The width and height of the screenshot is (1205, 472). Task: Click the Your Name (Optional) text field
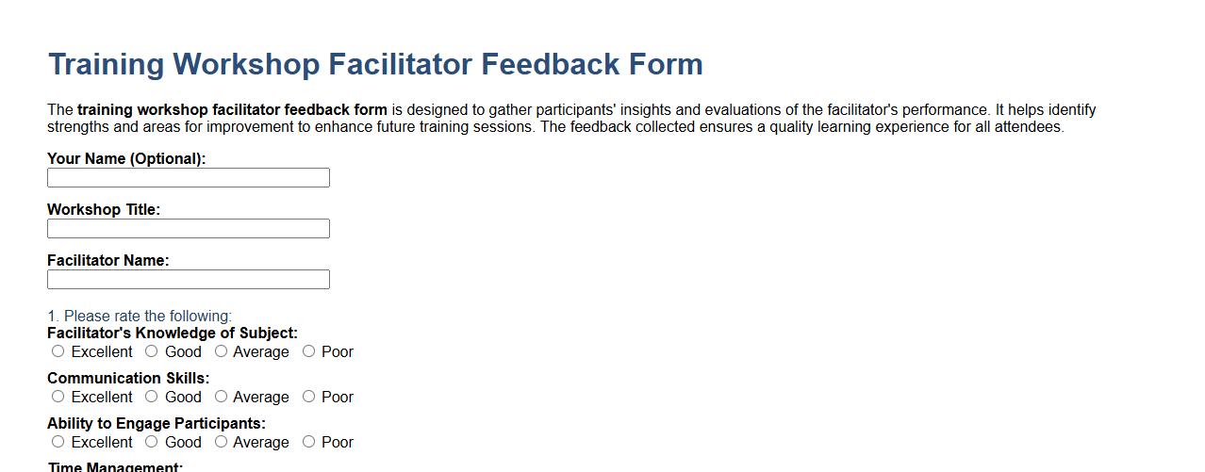coord(189,178)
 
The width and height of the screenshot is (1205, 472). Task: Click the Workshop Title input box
coord(189,229)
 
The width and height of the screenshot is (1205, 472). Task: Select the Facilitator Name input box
coord(189,280)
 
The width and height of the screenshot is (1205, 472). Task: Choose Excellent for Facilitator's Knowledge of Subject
coord(58,351)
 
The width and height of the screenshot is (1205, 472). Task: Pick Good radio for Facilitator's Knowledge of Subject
coord(152,351)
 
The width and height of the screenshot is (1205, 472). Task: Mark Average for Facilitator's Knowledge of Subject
coord(221,351)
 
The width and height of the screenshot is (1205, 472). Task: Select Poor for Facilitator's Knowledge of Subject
coord(308,351)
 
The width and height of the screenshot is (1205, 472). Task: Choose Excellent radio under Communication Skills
coord(58,397)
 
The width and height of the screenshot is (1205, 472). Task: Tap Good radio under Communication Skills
coord(152,397)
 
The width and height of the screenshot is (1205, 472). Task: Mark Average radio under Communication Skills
coord(221,397)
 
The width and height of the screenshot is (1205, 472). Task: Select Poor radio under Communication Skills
coord(308,397)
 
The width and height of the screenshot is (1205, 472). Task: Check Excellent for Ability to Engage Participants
coord(58,442)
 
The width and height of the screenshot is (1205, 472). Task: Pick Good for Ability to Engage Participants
coord(152,442)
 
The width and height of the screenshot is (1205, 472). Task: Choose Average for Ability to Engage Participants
coord(221,442)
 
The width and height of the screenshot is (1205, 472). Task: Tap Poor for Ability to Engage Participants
coord(308,442)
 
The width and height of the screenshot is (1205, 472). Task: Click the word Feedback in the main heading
coord(551,64)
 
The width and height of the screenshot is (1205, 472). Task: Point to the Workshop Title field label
coord(104,210)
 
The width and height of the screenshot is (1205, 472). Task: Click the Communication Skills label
coord(128,379)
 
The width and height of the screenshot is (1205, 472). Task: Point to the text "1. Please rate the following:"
coord(140,317)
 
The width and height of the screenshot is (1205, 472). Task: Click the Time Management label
coord(115,467)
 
